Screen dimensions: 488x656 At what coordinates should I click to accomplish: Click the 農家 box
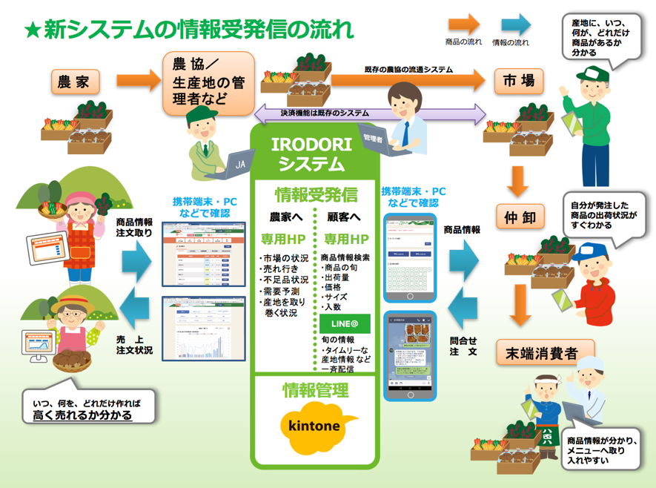pos(73,81)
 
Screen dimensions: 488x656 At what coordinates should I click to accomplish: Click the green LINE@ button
pos(345,323)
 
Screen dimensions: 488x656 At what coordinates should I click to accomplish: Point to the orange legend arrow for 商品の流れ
pos(463,23)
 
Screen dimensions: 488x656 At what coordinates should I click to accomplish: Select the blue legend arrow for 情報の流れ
pos(511,23)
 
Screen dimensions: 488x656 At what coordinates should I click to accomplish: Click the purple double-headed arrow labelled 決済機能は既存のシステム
pos(371,113)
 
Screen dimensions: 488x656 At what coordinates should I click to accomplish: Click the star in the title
pos(33,30)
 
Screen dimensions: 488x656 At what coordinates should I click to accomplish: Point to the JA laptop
pos(238,163)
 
